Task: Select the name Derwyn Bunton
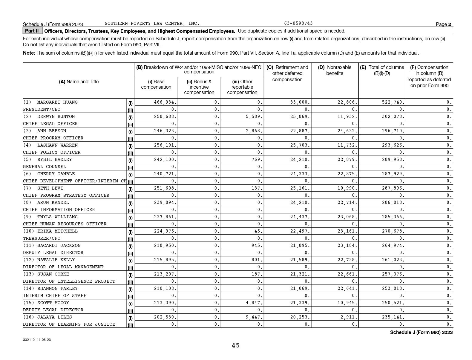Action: [56, 117]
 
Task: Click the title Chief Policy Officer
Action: [52, 153]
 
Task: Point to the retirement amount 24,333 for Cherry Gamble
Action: [300, 174]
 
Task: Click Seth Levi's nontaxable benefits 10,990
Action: [347, 188]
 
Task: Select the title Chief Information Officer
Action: [59, 210]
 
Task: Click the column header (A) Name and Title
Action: [79, 82]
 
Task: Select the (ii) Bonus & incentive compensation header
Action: [199, 87]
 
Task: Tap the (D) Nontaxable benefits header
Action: [335, 70]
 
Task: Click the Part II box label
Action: [32, 31]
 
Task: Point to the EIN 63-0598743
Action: [298, 24]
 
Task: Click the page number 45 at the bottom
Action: [235, 346]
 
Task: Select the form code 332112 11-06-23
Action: [37, 340]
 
